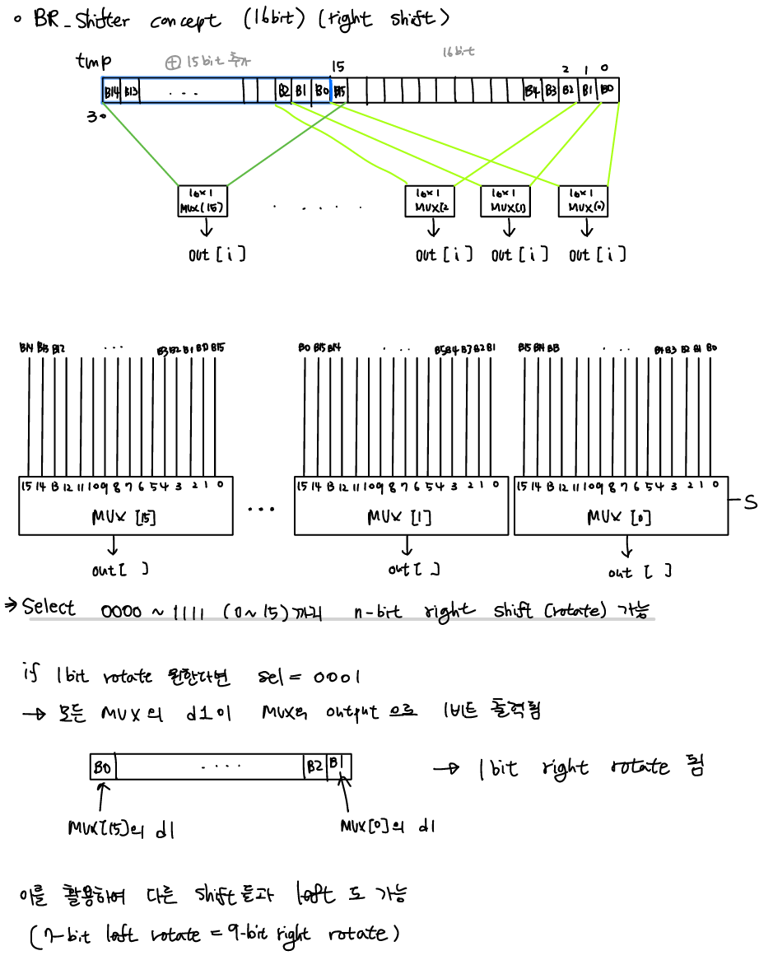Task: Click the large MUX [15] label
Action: point(114,517)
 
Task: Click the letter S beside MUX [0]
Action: point(749,502)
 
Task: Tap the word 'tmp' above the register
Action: point(94,61)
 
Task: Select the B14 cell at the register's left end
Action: point(112,91)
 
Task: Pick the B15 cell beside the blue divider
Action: point(340,91)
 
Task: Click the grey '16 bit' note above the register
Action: point(458,52)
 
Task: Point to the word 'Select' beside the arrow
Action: point(49,608)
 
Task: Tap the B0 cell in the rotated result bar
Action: point(103,767)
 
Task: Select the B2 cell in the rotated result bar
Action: point(314,767)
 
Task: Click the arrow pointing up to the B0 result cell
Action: point(101,797)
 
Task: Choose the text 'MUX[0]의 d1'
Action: point(387,826)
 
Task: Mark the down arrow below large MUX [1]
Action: point(406,547)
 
